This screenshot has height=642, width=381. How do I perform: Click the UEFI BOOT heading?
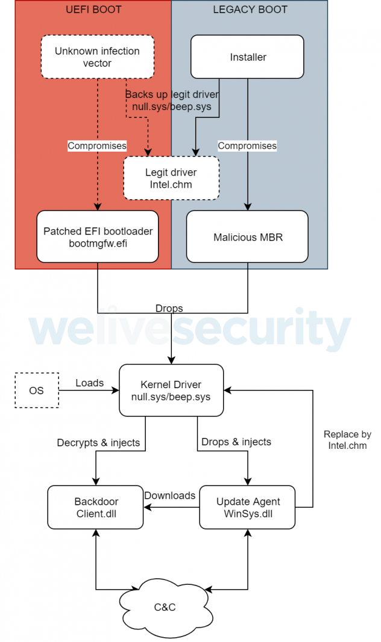(x=93, y=10)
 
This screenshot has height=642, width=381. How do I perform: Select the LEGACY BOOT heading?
(x=250, y=10)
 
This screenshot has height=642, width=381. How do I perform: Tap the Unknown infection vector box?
(x=97, y=57)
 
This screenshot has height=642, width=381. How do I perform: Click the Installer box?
(x=248, y=57)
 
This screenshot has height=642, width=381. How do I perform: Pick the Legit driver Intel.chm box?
(x=171, y=178)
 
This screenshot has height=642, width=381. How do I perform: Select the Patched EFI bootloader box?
(x=97, y=236)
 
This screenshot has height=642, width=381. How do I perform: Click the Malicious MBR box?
(x=248, y=237)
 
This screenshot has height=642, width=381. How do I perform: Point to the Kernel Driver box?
(x=171, y=390)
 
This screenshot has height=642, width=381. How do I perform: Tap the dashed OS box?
(x=36, y=390)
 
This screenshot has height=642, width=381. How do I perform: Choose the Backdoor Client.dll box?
(x=96, y=507)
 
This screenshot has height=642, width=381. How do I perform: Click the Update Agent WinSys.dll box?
(x=248, y=507)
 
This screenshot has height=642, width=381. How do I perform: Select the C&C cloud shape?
(x=165, y=607)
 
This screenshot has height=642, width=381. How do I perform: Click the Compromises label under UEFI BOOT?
(x=97, y=146)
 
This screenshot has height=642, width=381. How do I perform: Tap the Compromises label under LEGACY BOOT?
(x=247, y=146)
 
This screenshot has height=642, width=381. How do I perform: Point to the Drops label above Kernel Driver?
(x=169, y=308)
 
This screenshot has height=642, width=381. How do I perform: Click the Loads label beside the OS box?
(x=89, y=383)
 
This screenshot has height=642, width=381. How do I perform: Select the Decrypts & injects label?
(x=98, y=443)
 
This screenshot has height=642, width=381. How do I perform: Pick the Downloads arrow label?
(x=170, y=495)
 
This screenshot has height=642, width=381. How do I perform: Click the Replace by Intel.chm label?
(x=347, y=440)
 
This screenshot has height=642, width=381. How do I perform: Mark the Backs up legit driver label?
(x=172, y=100)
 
